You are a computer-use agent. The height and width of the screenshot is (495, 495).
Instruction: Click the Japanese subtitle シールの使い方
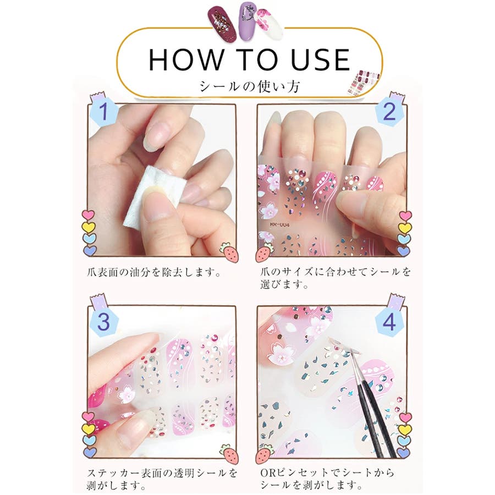tap(249, 86)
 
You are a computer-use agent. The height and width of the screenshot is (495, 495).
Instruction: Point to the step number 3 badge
tap(103, 322)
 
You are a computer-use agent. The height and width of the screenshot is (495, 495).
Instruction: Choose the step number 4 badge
tap(389, 322)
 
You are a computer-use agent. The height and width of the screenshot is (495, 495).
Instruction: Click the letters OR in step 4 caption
tap(268, 473)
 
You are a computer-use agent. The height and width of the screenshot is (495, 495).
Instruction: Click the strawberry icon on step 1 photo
tap(228, 251)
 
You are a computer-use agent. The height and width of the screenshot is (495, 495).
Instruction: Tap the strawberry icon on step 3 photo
tap(229, 453)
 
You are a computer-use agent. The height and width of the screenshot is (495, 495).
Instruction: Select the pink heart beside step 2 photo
tap(405, 216)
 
